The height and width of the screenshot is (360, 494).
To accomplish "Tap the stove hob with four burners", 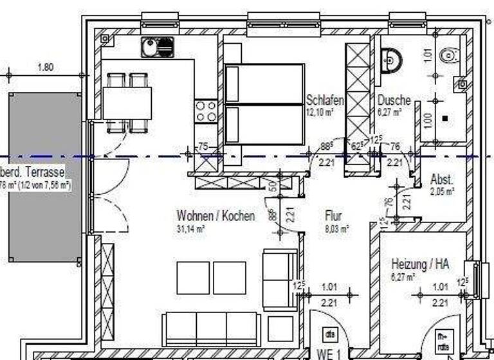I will coord(206,112).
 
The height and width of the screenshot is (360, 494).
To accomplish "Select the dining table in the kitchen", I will coord(127,103).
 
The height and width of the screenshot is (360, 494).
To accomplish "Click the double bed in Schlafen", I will coord(264,104).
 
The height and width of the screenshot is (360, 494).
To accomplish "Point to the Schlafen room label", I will coord(325,100).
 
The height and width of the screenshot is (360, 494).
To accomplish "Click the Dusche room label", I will coord(394,100).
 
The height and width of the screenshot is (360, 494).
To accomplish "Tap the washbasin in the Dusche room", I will coord(390,60).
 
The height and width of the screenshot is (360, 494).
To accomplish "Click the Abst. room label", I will coord(442,180).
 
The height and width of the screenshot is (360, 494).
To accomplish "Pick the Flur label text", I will coord(333,217).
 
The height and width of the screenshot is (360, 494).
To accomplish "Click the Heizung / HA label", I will coord(420,264).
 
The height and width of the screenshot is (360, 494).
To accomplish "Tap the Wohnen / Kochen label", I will coord(215,216).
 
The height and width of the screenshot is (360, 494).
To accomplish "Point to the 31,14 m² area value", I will coord(191,228).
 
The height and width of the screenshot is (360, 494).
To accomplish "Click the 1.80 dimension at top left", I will coord(45,66).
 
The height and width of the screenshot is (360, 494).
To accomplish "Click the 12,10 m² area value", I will coord(320,112).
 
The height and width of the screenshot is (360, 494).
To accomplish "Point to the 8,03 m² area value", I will coord(336,228).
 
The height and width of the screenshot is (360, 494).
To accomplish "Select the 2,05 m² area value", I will coord(443,192).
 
